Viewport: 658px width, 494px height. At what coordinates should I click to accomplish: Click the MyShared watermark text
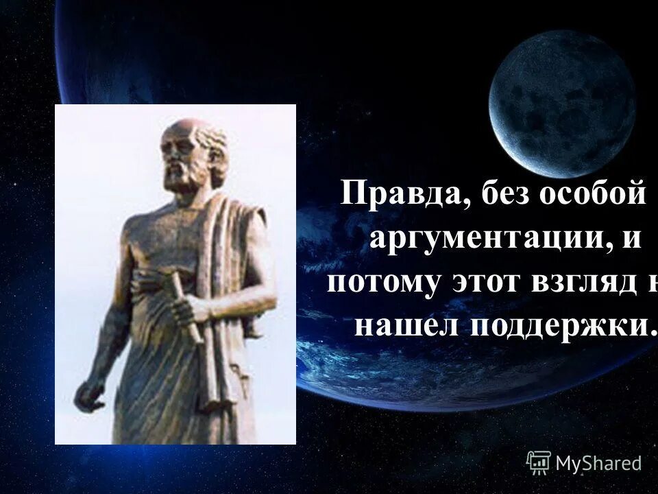[x=598, y=463]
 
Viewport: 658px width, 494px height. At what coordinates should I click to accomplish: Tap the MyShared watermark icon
[x=539, y=462]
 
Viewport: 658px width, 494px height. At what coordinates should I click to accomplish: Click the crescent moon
[x=562, y=103]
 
